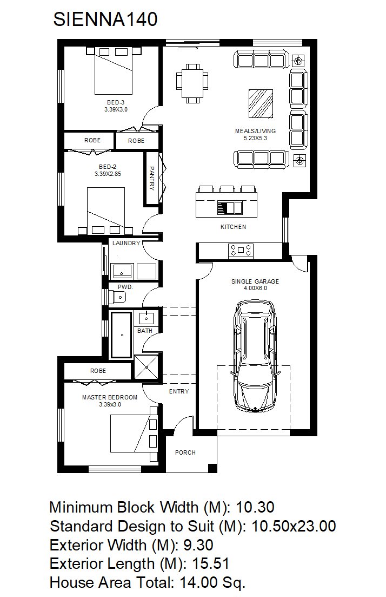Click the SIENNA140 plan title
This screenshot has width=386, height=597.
tap(105, 19)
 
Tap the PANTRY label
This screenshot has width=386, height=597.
tap(151, 178)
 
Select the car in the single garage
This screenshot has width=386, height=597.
tap(255, 357)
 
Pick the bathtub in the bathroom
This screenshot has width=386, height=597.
tap(122, 334)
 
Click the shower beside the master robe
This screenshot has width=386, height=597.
tap(147, 367)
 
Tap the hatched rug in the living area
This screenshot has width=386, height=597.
tap(261, 103)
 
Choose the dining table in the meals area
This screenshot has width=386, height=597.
tap(192, 83)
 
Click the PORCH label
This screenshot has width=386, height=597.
tap(185, 452)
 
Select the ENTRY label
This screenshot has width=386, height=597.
tap(179, 391)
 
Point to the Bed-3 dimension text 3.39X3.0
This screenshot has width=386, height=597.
tap(116, 109)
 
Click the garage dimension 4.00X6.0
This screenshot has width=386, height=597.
tap(255, 288)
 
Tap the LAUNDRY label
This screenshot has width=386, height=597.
tap(127, 243)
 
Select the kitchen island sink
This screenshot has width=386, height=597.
tap(229, 208)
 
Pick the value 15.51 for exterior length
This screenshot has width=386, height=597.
tap(210, 563)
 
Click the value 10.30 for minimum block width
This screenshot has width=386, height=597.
tap(255, 507)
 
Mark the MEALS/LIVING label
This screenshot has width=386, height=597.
tap(255, 131)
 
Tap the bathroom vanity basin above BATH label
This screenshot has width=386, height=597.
tap(146, 317)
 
